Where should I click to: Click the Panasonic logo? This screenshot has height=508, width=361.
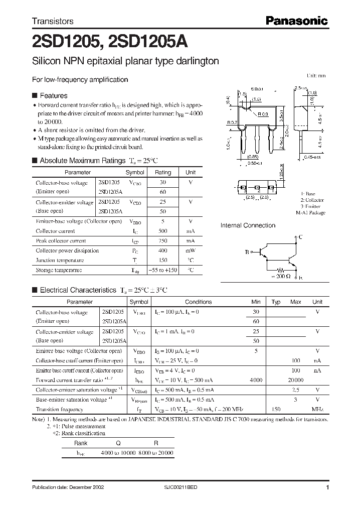(x=296, y=21)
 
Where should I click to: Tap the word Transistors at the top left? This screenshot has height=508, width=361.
(x=53, y=22)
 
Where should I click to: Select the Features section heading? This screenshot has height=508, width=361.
(x=53, y=95)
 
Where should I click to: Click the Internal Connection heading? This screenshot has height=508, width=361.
(x=248, y=225)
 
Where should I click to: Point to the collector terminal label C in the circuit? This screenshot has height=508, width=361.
(x=300, y=236)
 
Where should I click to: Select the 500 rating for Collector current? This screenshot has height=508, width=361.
(x=162, y=231)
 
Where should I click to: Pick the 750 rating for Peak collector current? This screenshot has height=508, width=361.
(x=162, y=241)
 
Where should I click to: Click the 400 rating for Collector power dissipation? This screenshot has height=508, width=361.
(x=162, y=250)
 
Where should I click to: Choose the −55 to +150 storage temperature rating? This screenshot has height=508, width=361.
(x=162, y=270)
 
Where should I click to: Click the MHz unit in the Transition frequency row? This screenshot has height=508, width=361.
(x=317, y=410)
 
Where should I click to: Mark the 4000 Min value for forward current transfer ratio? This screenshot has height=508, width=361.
(x=256, y=380)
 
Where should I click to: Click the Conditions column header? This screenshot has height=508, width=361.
(x=198, y=302)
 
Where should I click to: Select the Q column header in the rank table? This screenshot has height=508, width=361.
(x=118, y=443)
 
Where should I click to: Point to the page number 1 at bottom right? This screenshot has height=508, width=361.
(x=327, y=487)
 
